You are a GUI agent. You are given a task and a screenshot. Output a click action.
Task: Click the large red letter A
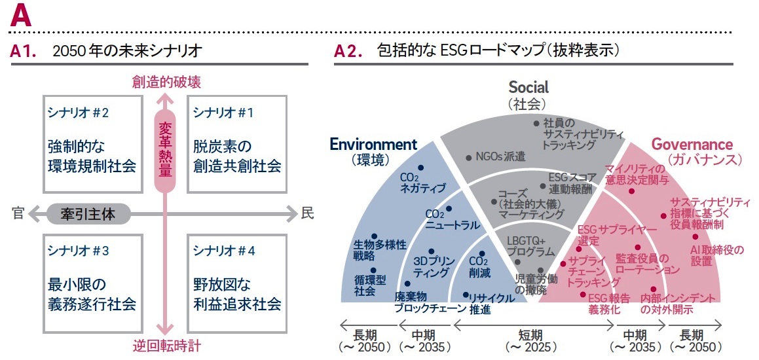tap(21, 16)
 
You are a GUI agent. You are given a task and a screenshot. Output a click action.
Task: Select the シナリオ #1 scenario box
tap(236, 145)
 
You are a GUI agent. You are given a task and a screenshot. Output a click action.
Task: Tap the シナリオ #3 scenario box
tap(93, 278)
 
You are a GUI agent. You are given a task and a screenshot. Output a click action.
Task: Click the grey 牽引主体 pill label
tap(88, 212)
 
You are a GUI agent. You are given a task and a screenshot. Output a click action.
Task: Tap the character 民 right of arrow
tap(306, 212)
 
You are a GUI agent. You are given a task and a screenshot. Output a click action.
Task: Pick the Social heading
tap(528, 87)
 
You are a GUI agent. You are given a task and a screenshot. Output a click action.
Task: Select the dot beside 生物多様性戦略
tap(374, 236)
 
